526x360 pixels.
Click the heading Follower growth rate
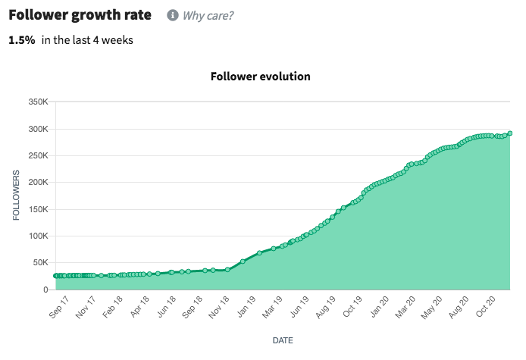pyautogui.click(x=80, y=15)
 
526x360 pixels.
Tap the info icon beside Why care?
pyautogui.click(x=173, y=15)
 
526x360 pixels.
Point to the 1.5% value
pyautogui.click(x=22, y=40)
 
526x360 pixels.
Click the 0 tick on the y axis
pyautogui.click(x=46, y=290)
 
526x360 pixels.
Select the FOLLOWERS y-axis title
pyautogui.click(x=16, y=196)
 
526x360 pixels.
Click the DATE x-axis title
pyautogui.click(x=283, y=340)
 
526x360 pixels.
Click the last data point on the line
pyautogui.click(x=510, y=133)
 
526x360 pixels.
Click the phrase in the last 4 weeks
pyautogui.click(x=87, y=40)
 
